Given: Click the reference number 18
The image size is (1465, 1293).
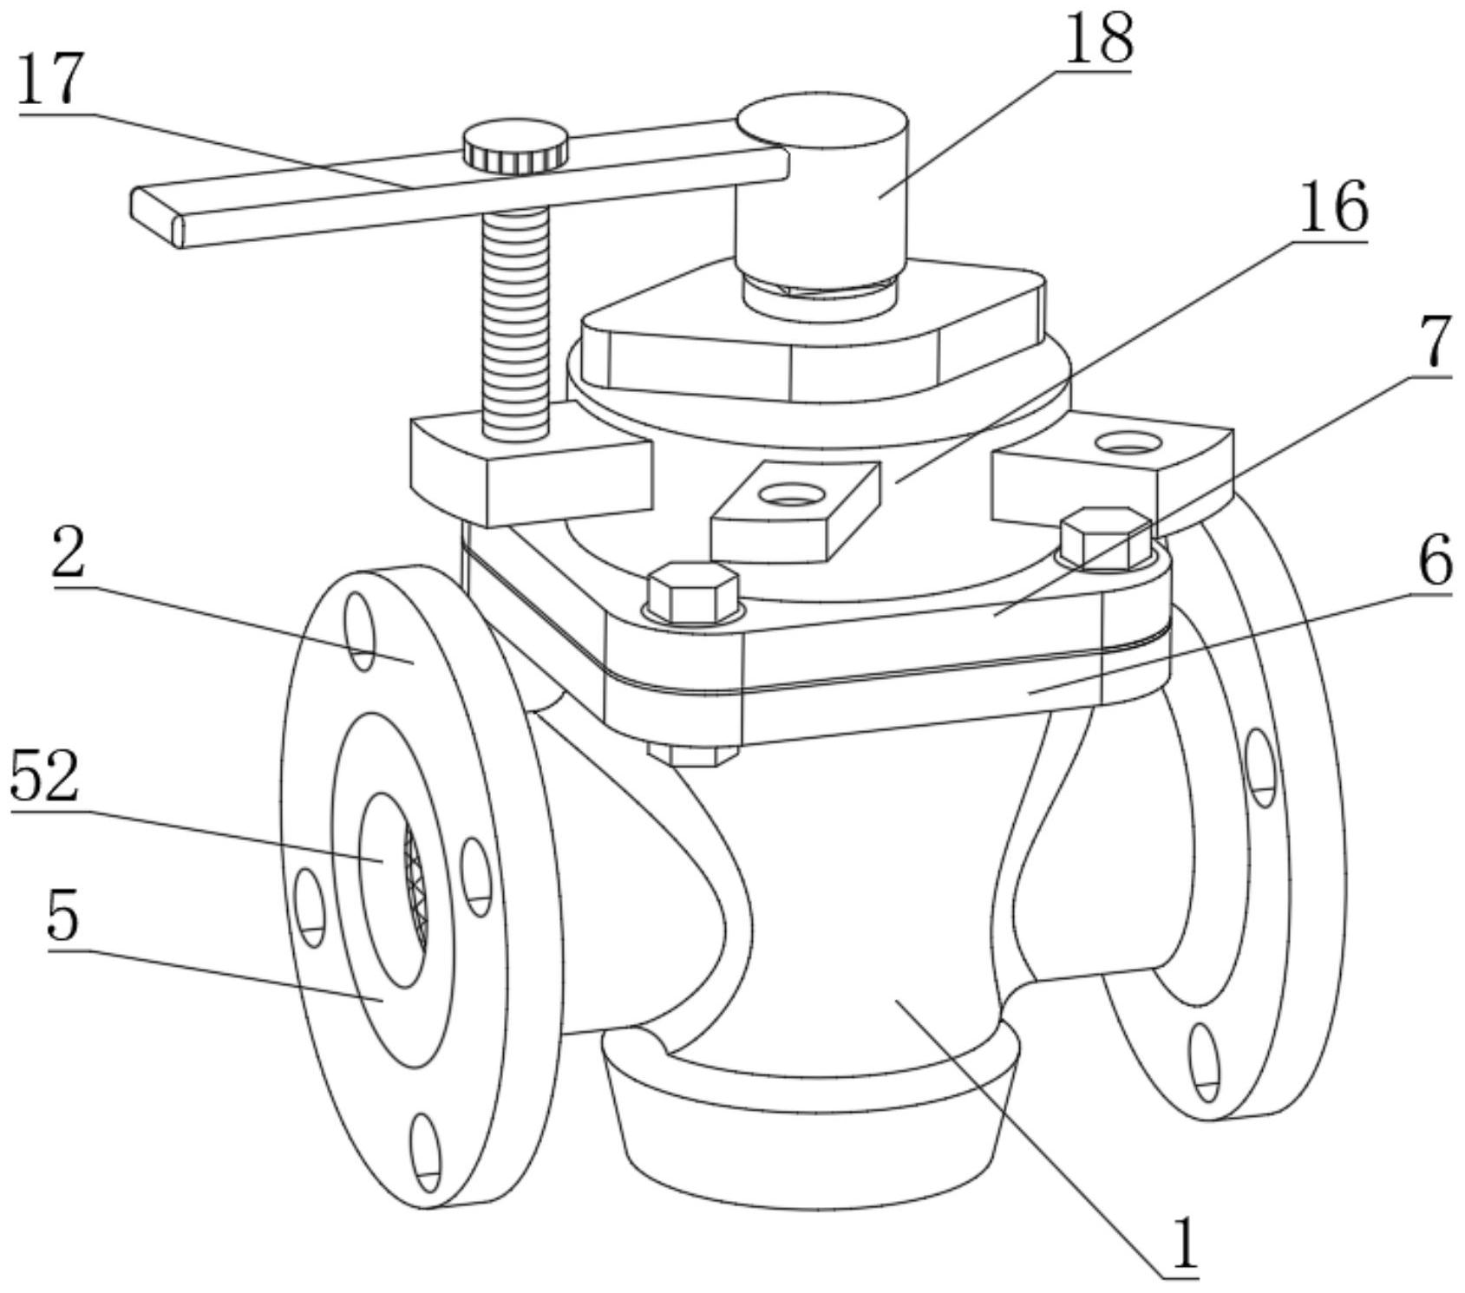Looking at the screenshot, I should (x=1097, y=39).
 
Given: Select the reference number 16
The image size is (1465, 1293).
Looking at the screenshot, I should (x=1333, y=207).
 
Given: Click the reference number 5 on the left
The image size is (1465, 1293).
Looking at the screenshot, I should (x=62, y=917).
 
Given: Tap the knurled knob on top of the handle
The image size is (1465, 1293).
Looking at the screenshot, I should (x=515, y=146).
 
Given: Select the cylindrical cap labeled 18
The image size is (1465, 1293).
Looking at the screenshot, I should (x=821, y=191).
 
